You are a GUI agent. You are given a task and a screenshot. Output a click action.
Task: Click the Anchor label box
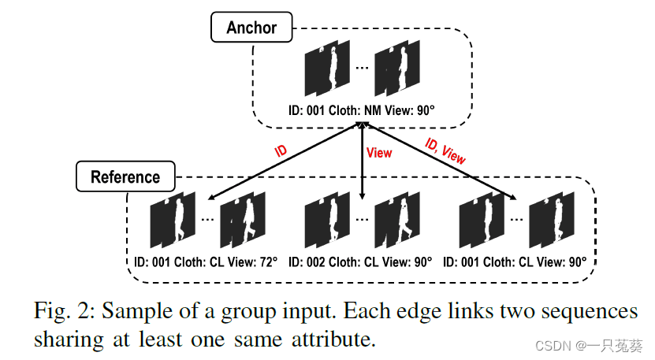[x=251, y=28]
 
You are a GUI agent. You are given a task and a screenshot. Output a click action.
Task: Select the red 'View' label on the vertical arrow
[x=379, y=153]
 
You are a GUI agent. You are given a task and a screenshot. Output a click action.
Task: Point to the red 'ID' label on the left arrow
[x=281, y=150]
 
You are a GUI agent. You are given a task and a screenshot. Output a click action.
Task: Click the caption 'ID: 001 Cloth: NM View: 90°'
[x=361, y=111]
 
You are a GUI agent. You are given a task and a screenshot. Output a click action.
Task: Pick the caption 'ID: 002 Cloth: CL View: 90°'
[x=362, y=261]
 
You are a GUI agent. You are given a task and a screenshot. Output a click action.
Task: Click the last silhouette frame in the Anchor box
[x=398, y=71]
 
